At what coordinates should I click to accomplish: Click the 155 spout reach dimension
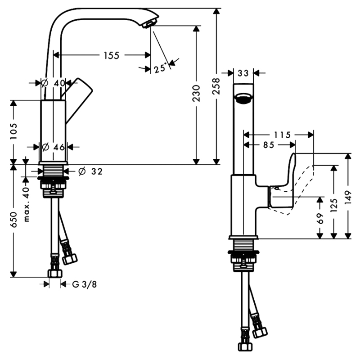pos(111,55)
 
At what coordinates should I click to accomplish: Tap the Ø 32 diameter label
pos(90,171)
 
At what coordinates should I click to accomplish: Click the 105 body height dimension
pos(13,131)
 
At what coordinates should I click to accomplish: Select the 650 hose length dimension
pos(13,219)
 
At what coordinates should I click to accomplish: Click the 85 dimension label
pos(269,145)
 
